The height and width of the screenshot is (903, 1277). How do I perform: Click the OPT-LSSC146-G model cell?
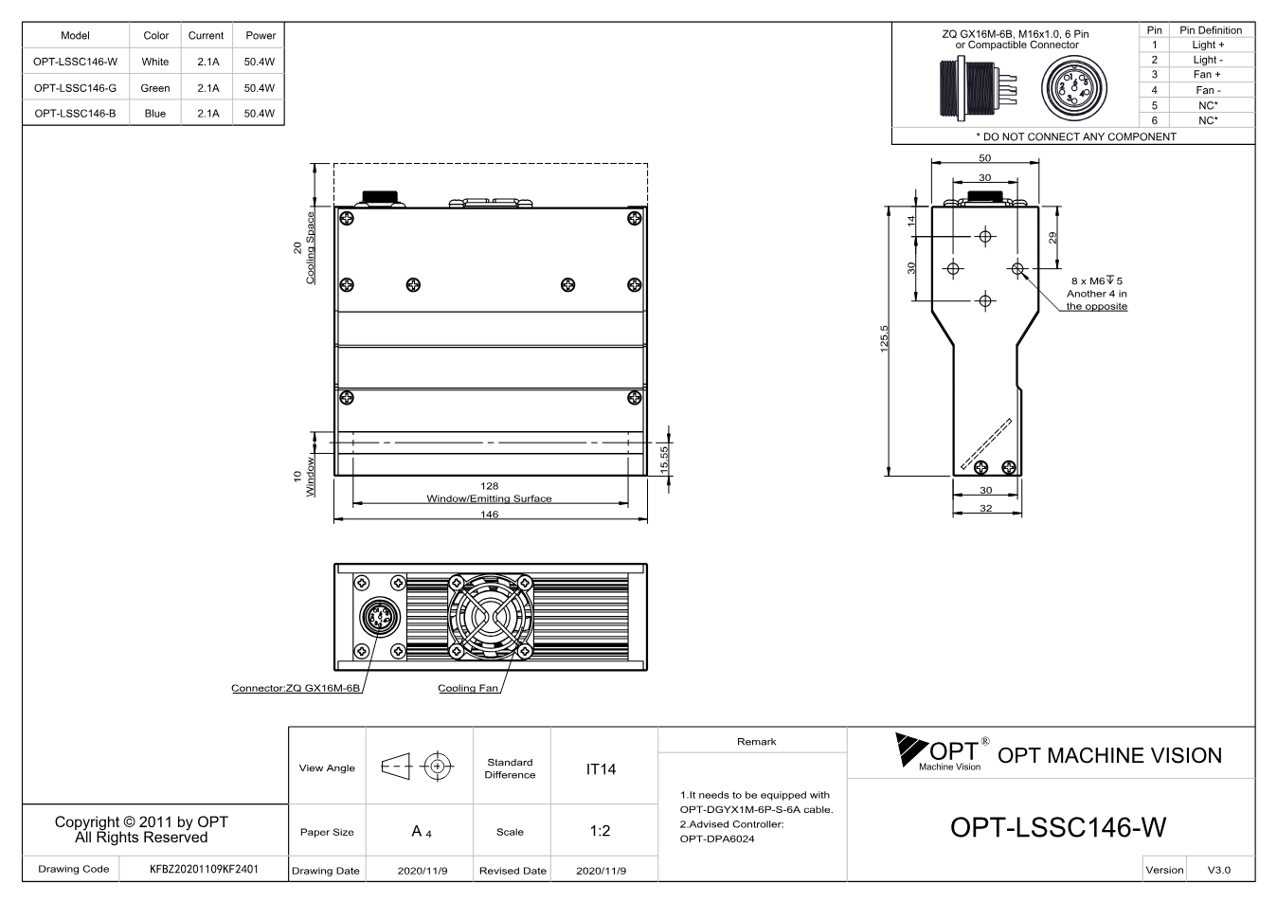pos(75,88)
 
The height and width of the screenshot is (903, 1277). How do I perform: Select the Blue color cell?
pos(155,114)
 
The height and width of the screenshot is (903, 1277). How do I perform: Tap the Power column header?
pos(261,35)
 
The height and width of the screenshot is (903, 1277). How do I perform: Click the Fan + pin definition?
pos(1207,75)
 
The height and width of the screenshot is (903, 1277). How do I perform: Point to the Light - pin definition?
pos(1208,60)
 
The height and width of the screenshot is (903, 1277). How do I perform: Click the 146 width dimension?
pos(489,514)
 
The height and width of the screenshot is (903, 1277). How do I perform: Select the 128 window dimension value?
pos(489,486)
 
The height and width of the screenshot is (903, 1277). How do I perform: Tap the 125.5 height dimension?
pos(884,339)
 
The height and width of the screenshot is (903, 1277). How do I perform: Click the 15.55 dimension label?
pos(664,460)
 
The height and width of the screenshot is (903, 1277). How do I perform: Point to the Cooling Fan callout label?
pos(468,688)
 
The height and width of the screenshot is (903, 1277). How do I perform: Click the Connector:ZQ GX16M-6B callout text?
pos(296,688)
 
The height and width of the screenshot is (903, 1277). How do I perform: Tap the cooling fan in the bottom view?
pos(491,617)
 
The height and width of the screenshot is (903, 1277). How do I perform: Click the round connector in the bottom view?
pos(380,617)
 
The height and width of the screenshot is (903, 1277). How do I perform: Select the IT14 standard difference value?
pos(601,769)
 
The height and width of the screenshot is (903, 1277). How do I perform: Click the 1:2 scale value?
pos(600,831)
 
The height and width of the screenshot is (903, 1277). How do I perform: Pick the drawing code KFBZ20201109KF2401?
pos(204,870)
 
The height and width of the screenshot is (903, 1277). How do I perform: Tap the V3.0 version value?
pos(1219,870)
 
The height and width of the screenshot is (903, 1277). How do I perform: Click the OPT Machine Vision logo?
pos(942,752)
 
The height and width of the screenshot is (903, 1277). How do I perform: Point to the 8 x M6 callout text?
pos(1097,281)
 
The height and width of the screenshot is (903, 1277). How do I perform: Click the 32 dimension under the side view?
pos(985,508)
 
